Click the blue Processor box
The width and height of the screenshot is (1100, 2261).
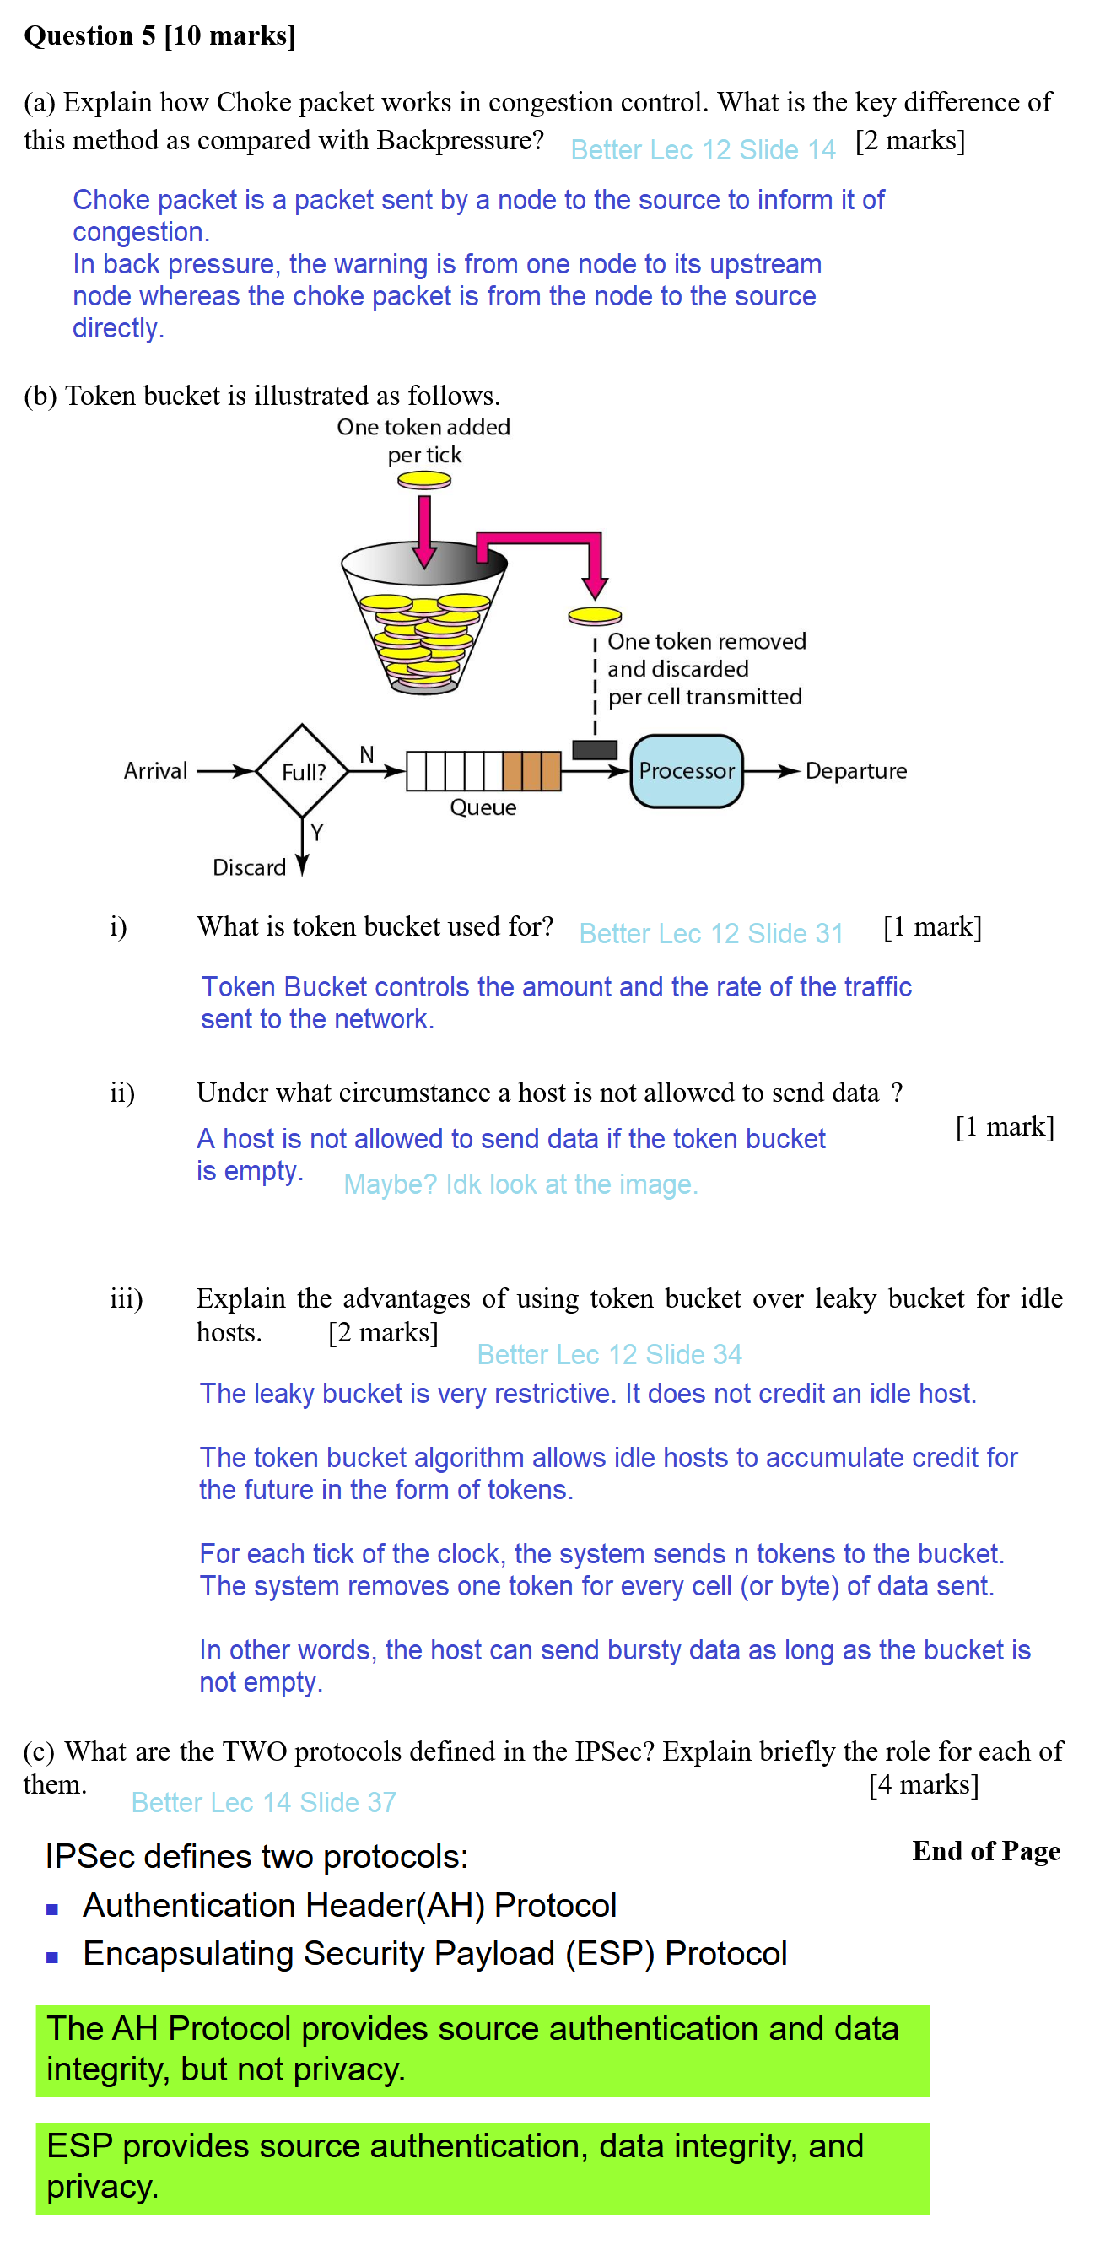click(686, 770)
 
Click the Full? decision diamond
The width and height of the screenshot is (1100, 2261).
click(302, 771)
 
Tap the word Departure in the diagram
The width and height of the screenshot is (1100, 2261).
click(855, 770)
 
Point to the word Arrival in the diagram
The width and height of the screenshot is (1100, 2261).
click(155, 770)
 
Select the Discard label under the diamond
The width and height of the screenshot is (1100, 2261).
click(250, 867)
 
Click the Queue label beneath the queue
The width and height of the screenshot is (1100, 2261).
click(483, 807)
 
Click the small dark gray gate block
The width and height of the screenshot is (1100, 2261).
click(595, 749)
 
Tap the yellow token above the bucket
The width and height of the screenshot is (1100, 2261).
click(424, 480)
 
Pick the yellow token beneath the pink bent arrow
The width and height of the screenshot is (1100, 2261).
click(595, 616)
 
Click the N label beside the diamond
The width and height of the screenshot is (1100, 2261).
click(367, 754)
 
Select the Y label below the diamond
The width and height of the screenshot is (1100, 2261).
click(317, 832)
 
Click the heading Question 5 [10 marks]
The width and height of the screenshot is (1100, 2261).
click(159, 36)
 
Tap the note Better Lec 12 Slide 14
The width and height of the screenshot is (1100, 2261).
click(703, 150)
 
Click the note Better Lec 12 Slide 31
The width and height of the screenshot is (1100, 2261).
click(711, 933)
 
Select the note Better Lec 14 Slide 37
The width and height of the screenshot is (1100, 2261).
click(263, 1802)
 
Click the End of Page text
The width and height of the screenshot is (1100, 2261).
click(985, 1851)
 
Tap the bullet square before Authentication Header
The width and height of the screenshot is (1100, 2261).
click(52, 1908)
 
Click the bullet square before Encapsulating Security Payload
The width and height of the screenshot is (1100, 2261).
click(52, 1956)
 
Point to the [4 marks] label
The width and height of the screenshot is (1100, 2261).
click(923, 1784)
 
